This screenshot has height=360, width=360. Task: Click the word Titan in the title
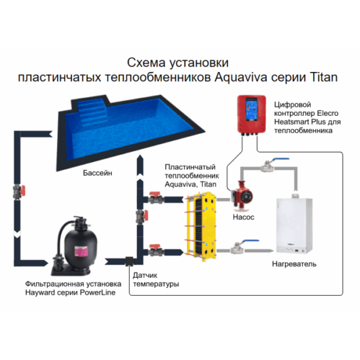click(x=326, y=77)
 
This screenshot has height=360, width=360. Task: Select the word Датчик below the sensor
click(x=146, y=274)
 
